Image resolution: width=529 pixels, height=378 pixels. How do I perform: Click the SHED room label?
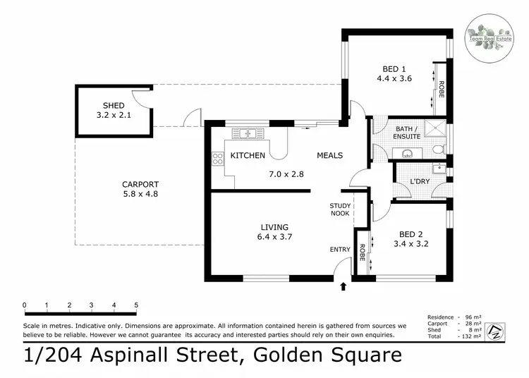coord(113,106)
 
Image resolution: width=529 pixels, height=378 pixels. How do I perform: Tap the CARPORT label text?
coord(138,185)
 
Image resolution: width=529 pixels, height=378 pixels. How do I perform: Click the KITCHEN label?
coord(248,155)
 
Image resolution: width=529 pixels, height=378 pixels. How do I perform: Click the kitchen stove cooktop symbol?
coord(217,160)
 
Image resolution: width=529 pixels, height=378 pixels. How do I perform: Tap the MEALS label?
coord(329,155)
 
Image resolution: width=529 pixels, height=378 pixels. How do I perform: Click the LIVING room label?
coord(275,227)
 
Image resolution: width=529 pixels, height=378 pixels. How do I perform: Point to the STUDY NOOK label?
coord(340,209)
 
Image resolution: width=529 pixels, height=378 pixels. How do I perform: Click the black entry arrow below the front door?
coord(343,286)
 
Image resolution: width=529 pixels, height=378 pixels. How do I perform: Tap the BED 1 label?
coord(394,68)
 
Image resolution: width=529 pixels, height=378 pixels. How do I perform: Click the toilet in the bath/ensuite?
coord(438,149)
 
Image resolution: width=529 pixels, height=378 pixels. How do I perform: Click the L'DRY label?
coord(420,182)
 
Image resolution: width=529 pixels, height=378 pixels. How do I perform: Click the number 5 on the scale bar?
coord(136,305)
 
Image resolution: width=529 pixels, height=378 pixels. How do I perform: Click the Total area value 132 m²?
coord(468,337)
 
